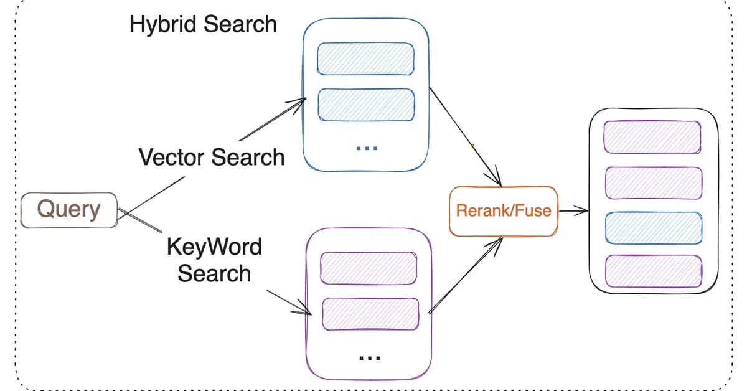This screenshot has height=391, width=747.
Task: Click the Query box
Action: (x=68, y=210)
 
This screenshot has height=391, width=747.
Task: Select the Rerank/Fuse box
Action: (x=503, y=210)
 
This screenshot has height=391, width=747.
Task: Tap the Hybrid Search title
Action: (x=203, y=24)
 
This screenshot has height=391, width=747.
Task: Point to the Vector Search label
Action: (x=212, y=157)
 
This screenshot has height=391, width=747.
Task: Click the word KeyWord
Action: (x=214, y=247)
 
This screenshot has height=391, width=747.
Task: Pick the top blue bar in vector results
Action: (x=366, y=59)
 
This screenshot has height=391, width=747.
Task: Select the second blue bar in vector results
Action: (x=366, y=105)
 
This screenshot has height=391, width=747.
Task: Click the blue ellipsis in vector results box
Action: (x=367, y=148)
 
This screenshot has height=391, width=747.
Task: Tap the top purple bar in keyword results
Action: (x=368, y=268)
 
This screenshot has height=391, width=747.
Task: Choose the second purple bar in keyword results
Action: (x=370, y=314)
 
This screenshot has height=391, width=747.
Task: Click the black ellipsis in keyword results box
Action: (x=370, y=358)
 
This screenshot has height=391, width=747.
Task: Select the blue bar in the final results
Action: (x=653, y=228)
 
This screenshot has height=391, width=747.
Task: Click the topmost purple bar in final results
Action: (x=652, y=136)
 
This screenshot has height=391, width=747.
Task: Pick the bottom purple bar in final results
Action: (x=654, y=271)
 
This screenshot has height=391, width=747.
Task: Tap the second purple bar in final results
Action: (x=653, y=183)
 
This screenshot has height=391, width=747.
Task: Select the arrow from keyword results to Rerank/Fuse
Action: (x=464, y=275)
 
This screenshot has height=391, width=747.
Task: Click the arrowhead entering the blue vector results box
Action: (x=300, y=101)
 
